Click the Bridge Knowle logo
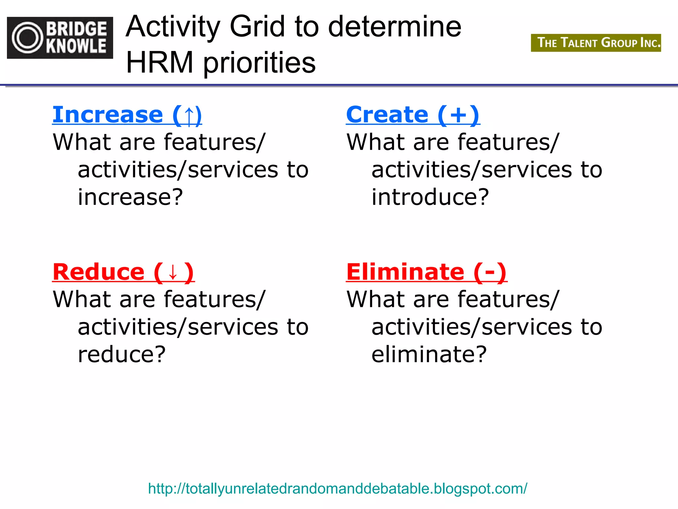pos(60,37)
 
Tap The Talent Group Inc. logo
pos(596,43)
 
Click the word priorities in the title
pos(259,63)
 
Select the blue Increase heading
pos(108,115)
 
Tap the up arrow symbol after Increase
pos(189,116)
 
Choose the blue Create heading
pos(387,115)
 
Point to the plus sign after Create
pos(458,115)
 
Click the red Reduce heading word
pos(99,272)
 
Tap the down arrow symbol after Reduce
pos(173,272)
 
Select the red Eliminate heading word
pos(405,272)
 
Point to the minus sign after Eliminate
pos(490,273)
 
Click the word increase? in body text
pos(130,197)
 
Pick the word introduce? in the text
pos(430,197)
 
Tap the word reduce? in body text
pos(121,354)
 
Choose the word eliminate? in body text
pos(429,354)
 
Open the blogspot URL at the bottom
pos(338,489)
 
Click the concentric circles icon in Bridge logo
pos(28,38)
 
